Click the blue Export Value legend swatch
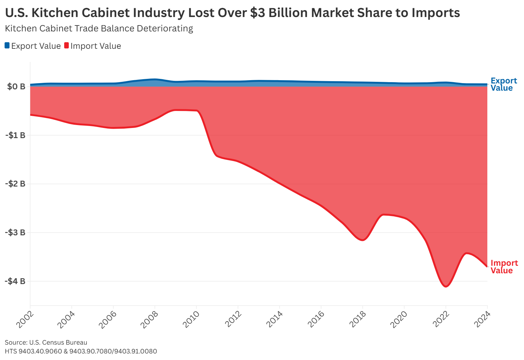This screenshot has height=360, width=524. pyautogui.click(x=7, y=45)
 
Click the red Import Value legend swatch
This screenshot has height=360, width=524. pyautogui.click(x=66, y=45)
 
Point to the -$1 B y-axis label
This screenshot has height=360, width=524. pyautogui.click(x=15, y=135)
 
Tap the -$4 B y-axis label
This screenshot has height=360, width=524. pyautogui.click(x=15, y=281)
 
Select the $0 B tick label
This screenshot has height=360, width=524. pyautogui.click(x=16, y=87)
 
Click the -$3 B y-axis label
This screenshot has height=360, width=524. pyautogui.click(x=15, y=232)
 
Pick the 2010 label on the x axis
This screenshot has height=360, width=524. pyautogui.click(x=191, y=319)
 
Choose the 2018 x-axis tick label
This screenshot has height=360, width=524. pyautogui.click(x=357, y=319)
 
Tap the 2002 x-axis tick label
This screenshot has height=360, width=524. pyautogui.click(x=25, y=319)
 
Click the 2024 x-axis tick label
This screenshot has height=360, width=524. pyautogui.click(x=482, y=319)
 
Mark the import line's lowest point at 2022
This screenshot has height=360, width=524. pyautogui.click(x=446, y=286)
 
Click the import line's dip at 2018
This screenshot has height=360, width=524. pyautogui.click(x=363, y=240)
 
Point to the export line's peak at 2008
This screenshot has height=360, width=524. pyautogui.click(x=155, y=79)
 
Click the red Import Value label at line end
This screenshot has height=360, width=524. pyautogui.click(x=504, y=267)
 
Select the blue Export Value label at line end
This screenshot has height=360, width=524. pyautogui.click(x=503, y=84)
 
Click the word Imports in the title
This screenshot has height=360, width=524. pyautogui.click(x=436, y=13)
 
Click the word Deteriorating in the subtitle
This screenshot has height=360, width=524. pyautogui.click(x=165, y=28)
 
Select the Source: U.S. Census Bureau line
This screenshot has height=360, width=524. pyautogui.click(x=46, y=342)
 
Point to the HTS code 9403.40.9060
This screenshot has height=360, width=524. pyautogui.click(x=40, y=351)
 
